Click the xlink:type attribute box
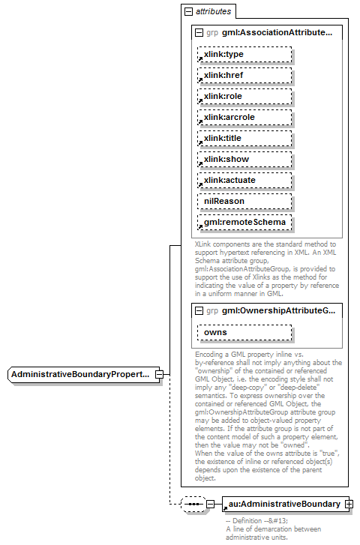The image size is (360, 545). (x=243, y=54)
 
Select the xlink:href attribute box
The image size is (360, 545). (x=243, y=75)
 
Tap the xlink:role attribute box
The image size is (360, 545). (x=243, y=96)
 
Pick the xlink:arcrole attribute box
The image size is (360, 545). (x=243, y=117)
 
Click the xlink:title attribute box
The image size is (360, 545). (x=243, y=138)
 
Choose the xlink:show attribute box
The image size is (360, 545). (x=243, y=159)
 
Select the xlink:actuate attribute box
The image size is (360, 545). (x=243, y=180)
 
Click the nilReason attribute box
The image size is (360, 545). (x=243, y=201)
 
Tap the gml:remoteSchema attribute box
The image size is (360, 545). (x=243, y=223)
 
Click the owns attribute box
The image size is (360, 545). (x=243, y=331)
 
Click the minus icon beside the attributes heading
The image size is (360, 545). (x=187, y=12)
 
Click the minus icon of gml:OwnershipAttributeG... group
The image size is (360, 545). (x=198, y=310)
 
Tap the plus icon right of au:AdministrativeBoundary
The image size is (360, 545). (x=349, y=504)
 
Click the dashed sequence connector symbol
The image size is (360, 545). (x=193, y=504)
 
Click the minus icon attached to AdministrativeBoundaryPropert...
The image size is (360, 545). (x=158, y=373)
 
